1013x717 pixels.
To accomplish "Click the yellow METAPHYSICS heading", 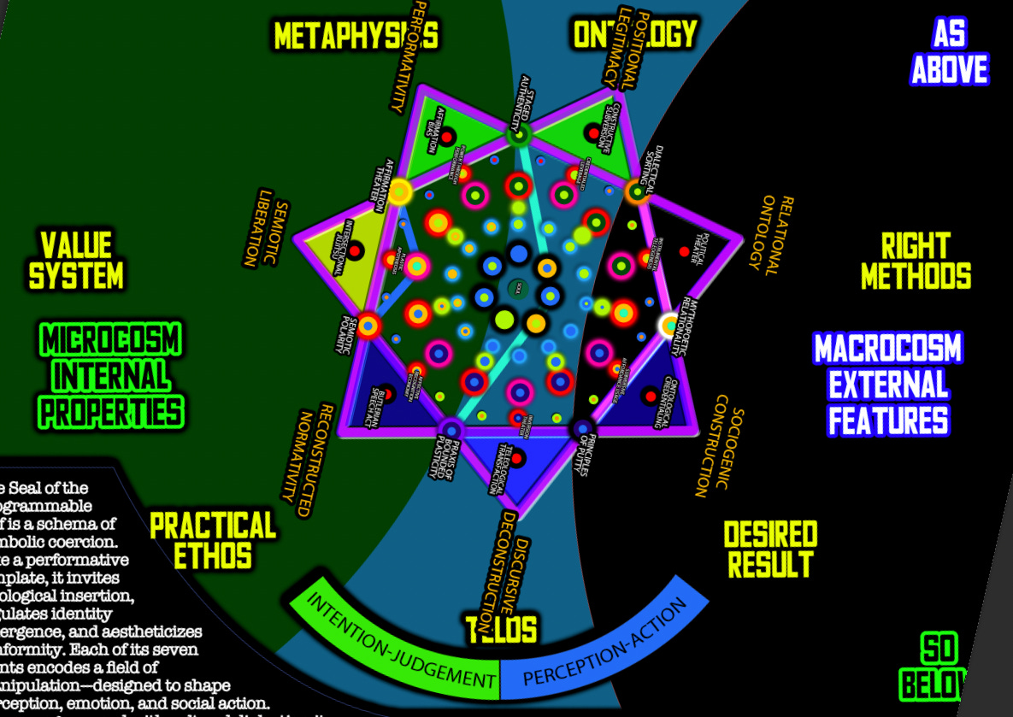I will click(356, 36).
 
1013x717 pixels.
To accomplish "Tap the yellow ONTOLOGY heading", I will click(634, 34).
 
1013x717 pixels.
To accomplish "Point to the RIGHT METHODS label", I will click(916, 262).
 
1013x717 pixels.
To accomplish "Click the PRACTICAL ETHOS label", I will click(212, 540).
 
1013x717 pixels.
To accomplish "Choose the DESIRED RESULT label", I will click(770, 549).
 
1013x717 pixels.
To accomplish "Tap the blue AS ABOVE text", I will click(949, 53).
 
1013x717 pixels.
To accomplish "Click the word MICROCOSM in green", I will click(111, 341).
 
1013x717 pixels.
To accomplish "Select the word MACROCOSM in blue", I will click(888, 349).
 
